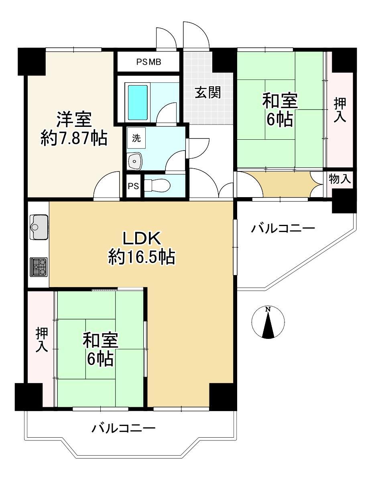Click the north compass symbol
268,323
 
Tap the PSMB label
148,62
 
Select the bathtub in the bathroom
138,102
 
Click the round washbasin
135,161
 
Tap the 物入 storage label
340,179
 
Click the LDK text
141,239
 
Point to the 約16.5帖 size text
141,257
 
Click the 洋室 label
73,120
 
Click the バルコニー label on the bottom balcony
123,429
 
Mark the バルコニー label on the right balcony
283,229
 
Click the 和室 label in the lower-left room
100,340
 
